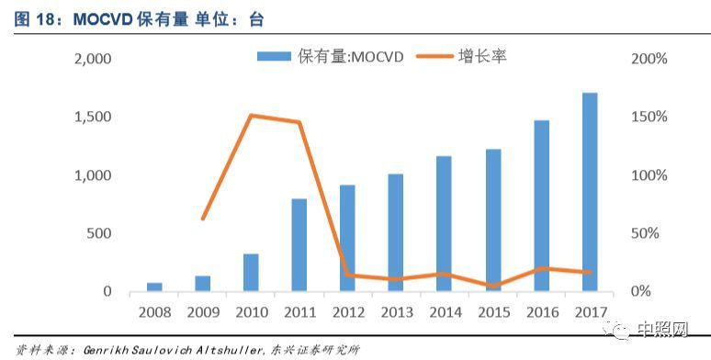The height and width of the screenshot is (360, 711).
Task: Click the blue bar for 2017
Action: tap(590, 192)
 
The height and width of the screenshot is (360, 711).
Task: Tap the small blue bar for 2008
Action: tap(154, 287)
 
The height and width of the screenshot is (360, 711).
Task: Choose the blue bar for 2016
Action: tap(541, 206)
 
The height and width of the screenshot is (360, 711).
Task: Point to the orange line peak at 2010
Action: tap(251, 116)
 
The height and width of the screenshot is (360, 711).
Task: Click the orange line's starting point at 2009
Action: tap(203, 218)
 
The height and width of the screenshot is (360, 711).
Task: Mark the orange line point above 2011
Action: tap(299, 122)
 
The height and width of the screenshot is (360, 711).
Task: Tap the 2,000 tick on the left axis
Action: tap(92, 59)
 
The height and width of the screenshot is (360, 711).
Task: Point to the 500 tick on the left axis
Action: tap(98, 233)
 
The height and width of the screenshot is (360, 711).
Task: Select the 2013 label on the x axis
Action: tap(396, 312)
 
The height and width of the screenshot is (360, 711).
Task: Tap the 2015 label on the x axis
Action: tap(492, 312)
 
